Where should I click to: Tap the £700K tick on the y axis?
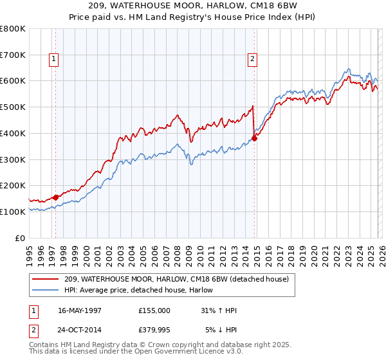(13, 55)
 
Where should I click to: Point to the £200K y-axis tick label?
(13, 185)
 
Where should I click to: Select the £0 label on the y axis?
(21, 238)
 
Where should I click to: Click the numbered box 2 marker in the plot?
(252, 60)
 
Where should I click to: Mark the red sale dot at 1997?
(56, 197)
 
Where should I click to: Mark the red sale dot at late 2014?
(255, 138)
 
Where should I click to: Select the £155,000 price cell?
(154, 310)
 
